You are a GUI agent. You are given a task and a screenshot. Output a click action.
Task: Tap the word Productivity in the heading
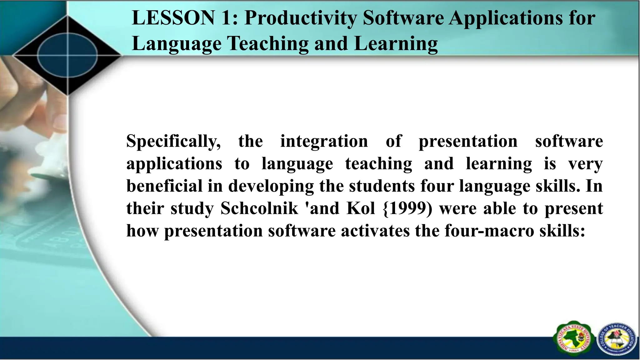(300, 18)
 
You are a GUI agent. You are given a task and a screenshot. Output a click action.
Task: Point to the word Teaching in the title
(267, 44)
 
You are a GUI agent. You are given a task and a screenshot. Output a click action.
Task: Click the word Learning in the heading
(396, 44)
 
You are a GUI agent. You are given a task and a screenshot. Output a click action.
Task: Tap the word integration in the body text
(324, 142)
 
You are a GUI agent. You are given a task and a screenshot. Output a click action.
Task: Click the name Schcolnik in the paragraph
(259, 208)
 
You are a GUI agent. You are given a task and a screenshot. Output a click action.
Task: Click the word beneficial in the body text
(165, 186)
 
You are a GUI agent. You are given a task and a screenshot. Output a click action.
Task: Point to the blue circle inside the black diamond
(67, 56)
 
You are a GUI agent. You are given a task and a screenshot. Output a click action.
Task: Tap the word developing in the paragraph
(271, 187)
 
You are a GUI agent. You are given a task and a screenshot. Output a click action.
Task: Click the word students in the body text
(382, 186)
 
